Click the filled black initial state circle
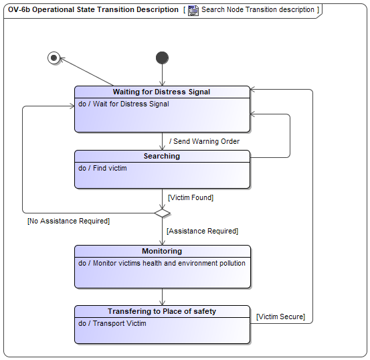pos(162,58)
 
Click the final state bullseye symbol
pos(54,58)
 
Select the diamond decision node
pos(163,213)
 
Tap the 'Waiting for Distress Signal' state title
pos(161,92)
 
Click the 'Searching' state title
pos(162,156)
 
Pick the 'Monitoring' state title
pos(162,251)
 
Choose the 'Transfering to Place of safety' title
pos(162,311)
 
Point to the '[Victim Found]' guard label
pos(191,197)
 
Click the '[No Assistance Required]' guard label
pos(69,221)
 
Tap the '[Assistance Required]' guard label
pos(203,231)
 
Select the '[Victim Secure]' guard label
pos(280,317)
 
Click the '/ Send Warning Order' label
pos(204,141)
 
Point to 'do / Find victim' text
pos(102,168)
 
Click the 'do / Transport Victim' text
pos(112,323)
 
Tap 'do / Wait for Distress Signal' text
pos(124,104)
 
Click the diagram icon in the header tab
pos(193,11)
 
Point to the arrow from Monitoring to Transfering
pos(163,296)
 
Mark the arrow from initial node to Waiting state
pos(163,75)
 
